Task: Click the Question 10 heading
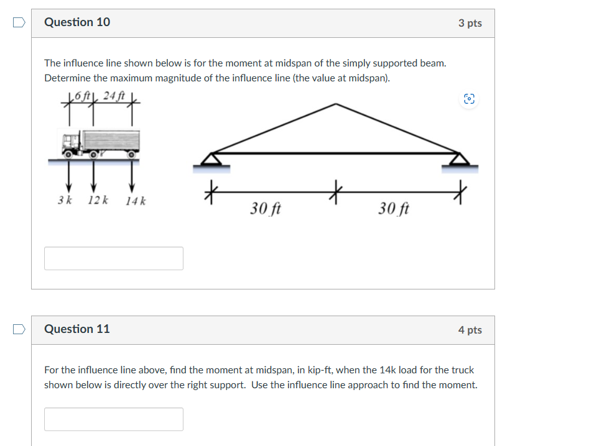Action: pos(77,22)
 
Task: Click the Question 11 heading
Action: pos(77,329)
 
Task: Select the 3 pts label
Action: pos(470,23)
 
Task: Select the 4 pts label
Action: pos(470,330)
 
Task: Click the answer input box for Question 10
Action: pos(114,258)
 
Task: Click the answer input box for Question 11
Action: pos(114,419)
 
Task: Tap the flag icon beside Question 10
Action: pos(19,22)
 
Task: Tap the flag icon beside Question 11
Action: pos(19,329)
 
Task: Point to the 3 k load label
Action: pos(65,201)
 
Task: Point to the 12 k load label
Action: pos(98,201)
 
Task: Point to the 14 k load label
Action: pos(136,201)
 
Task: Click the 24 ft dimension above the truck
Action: pos(114,96)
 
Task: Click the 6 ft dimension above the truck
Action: pos(83,96)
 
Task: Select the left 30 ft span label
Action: pos(266,209)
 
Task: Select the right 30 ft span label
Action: pos(394,209)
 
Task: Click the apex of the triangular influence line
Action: pos(336,104)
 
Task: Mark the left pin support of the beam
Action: pos(212,160)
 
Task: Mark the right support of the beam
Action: pos(460,160)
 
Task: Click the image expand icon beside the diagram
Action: pos(470,99)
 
